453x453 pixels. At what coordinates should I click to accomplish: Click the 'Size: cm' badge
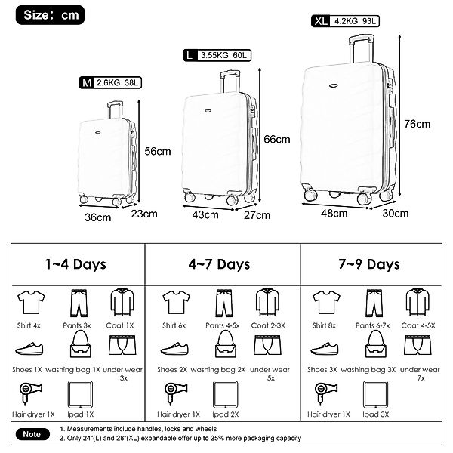pyautogui.click(x=50, y=15)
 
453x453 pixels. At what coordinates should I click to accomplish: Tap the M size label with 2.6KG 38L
pyautogui.click(x=110, y=83)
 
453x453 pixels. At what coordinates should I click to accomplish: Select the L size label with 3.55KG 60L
pyautogui.click(x=217, y=55)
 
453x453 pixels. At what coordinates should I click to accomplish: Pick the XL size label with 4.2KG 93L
pyautogui.click(x=345, y=21)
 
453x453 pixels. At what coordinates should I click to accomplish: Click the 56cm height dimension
pyautogui.click(x=158, y=152)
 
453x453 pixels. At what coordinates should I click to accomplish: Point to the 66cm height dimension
pyautogui.click(x=277, y=140)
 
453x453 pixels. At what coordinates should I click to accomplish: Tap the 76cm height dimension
pyautogui.click(x=418, y=124)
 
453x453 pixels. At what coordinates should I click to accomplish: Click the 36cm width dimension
pyautogui.click(x=98, y=217)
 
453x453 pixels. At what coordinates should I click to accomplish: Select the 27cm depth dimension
pyautogui.click(x=257, y=215)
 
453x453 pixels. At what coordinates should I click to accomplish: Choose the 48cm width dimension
pyautogui.click(x=334, y=214)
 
